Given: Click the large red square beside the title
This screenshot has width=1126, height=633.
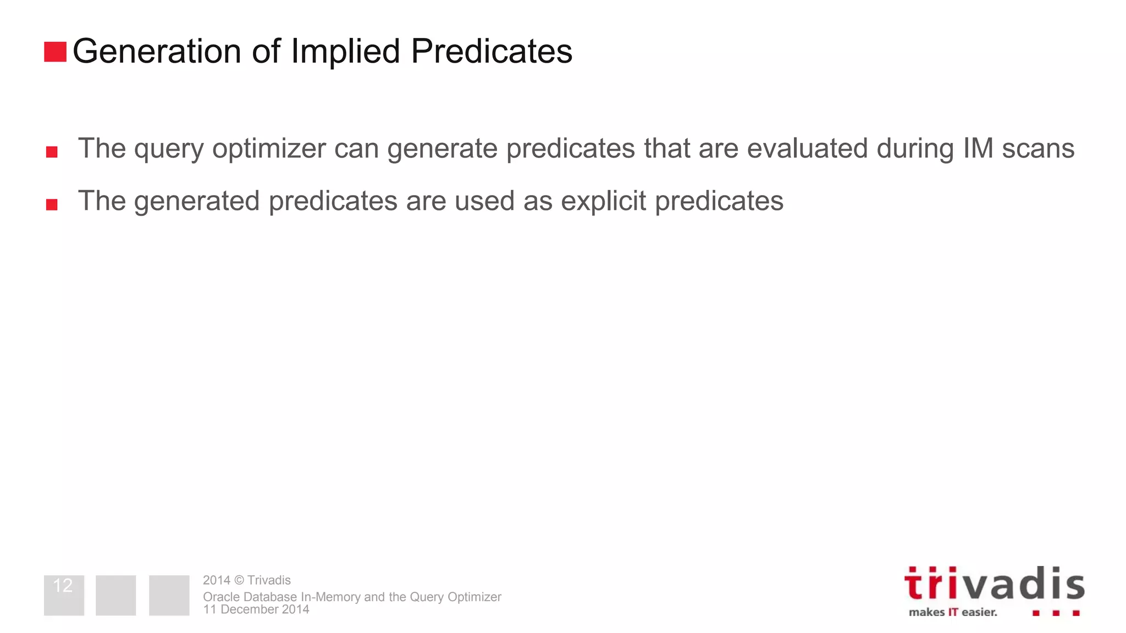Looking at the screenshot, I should (x=55, y=52).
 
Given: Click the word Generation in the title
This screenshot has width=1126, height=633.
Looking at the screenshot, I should (x=157, y=52).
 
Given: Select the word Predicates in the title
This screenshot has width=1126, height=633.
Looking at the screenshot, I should (x=492, y=52).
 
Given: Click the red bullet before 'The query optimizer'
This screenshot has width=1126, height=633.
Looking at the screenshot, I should (x=52, y=152).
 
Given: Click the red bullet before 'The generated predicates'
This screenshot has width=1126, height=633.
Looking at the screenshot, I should (x=52, y=204).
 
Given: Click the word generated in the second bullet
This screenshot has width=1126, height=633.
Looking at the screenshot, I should (x=197, y=201).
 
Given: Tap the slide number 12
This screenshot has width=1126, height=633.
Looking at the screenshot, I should (x=63, y=586).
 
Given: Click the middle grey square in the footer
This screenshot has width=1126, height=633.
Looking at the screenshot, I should (x=115, y=595).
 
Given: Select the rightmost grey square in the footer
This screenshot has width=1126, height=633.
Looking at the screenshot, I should (x=169, y=595).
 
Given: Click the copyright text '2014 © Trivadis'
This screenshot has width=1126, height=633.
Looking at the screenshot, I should (x=246, y=580).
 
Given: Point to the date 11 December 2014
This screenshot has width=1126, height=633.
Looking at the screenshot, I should (x=256, y=609).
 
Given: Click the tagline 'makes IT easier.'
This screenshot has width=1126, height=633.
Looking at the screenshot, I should (x=952, y=612).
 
